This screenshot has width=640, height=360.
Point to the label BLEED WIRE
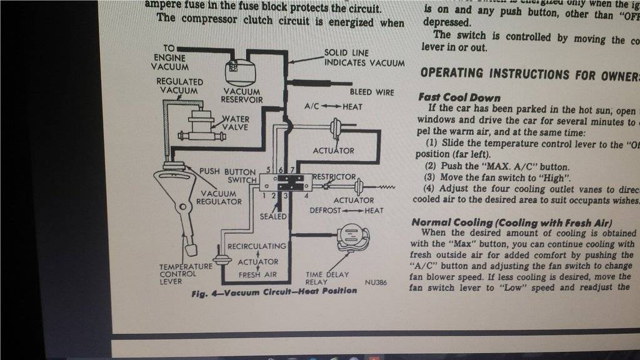click(x=372, y=92)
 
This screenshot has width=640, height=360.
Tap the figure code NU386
click(x=376, y=282)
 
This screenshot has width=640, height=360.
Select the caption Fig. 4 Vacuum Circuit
click(x=275, y=291)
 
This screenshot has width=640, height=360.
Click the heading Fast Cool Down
click(x=459, y=97)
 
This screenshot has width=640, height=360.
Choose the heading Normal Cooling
click(x=512, y=222)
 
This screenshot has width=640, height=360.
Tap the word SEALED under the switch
click(x=273, y=216)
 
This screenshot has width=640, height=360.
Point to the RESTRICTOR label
click(x=334, y=177)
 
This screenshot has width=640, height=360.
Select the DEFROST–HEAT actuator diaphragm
click(x=359, y=186)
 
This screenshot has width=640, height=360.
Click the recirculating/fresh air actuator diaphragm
click(x=219, y=262)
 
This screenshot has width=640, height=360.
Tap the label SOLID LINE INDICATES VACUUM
click(x=364, y=58)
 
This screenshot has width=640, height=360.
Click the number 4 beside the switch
click(x=306, y=196)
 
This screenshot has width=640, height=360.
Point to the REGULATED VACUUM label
click(x=179, y=86)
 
